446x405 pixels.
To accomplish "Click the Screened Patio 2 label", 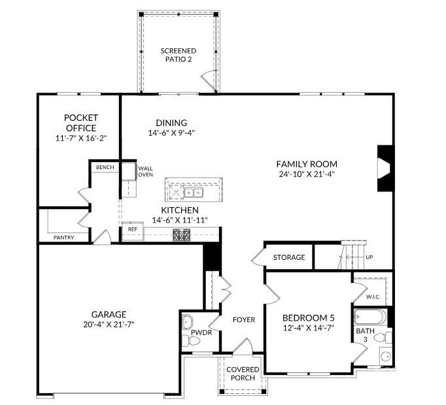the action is (179, 55).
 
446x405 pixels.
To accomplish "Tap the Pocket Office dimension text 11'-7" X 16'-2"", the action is (81, 138).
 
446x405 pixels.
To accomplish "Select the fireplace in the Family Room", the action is (385, 168).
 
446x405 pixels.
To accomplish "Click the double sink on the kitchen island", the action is (194, 193).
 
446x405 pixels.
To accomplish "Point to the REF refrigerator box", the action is (133, 231).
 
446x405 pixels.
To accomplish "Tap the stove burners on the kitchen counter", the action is (182, 235).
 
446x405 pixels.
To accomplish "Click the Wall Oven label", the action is (145, 172).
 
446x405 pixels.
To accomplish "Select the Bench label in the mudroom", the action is (105, 167).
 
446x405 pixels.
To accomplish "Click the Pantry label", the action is (63, 238).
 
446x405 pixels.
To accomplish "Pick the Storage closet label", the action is (289, 257).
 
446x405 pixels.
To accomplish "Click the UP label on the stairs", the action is (369, 257).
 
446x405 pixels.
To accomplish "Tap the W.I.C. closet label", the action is (373, 297).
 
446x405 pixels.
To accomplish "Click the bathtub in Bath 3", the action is (370, 317).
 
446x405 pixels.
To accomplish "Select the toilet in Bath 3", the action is (383, 338).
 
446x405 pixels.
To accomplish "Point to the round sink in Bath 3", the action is (386, 357).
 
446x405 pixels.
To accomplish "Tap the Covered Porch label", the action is (243, 374).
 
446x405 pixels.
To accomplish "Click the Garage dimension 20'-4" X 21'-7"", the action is (109, 324).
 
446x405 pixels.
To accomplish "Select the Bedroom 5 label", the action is (308, 317).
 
